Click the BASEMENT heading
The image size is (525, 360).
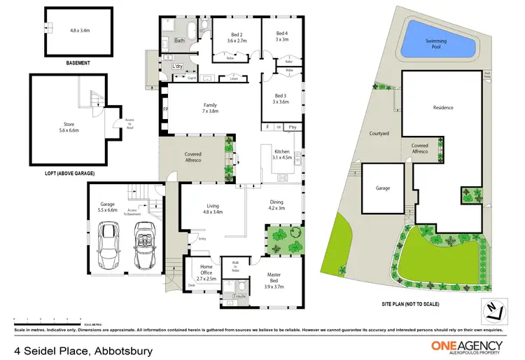pyautogui.click(x=78, y=62)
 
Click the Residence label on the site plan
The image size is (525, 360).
pyautogui.click(x=443, y=108)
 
